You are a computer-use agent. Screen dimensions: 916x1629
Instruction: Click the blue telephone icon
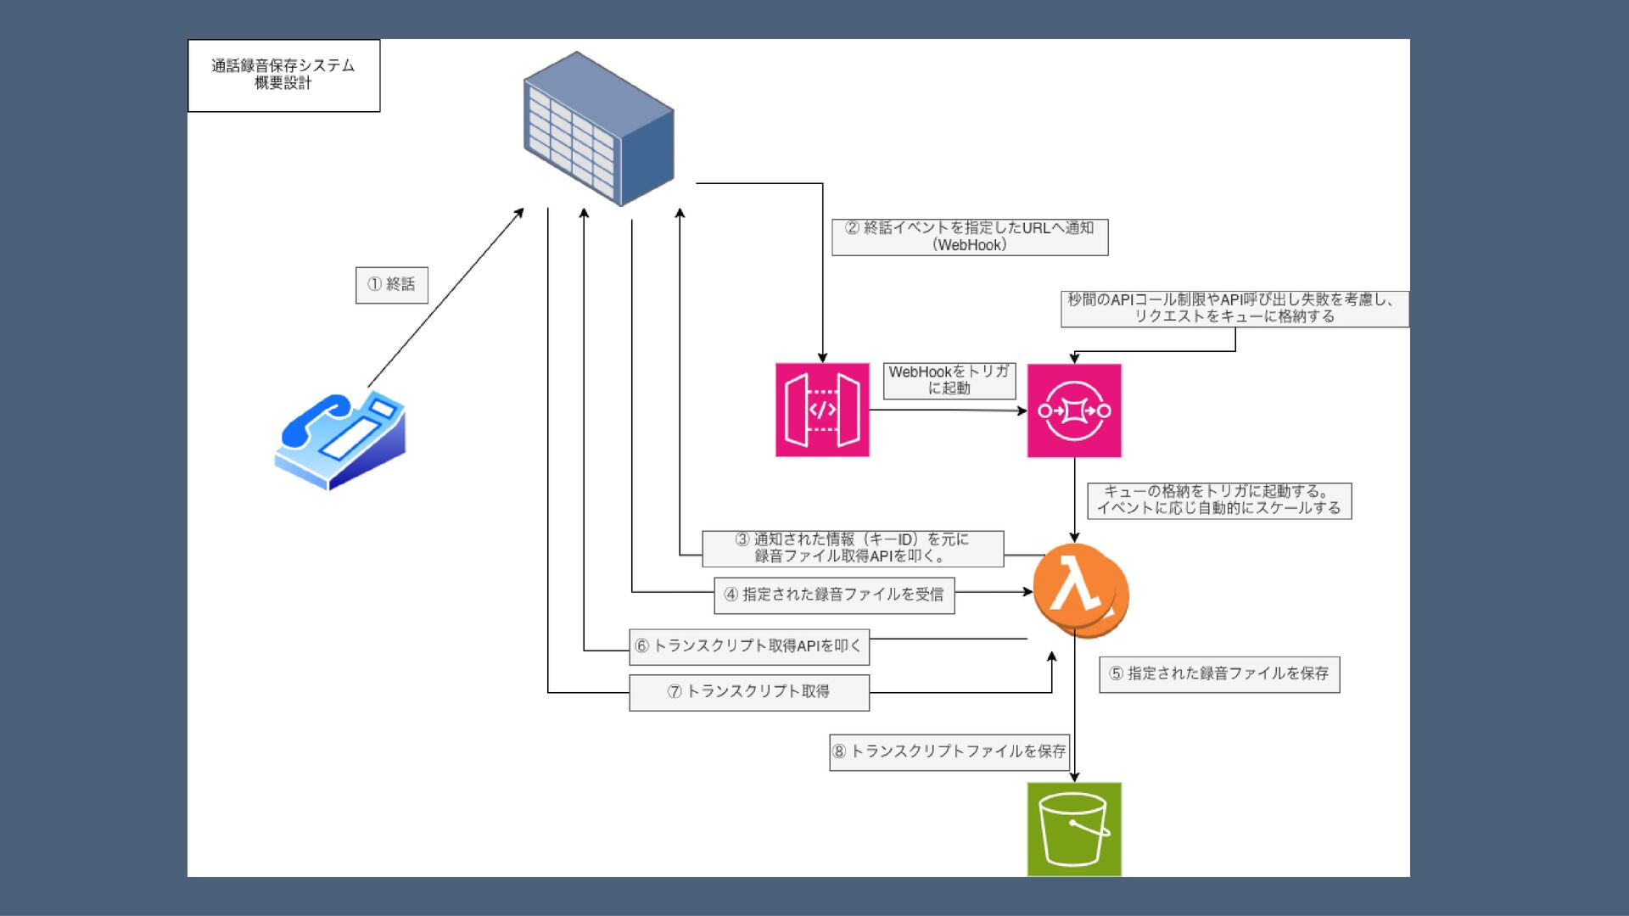pyautogui.click(x=340, y=441)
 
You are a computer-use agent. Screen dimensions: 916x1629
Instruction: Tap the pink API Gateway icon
pyautogui.click(x=822, y=411)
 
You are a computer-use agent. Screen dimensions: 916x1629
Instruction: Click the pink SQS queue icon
pyautogui.click(x=1074, y=411)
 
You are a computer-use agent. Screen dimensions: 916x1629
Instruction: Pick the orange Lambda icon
pyautogui.click(x=1079, y=590)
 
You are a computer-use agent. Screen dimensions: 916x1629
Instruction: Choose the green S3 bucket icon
pyautogui.click(x=1074, y=829)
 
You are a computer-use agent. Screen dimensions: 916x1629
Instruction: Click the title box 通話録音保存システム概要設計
pyautogui.click(x=283, y=75)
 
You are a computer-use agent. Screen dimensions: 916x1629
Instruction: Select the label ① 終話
pyautogui.click(x=391, y=285)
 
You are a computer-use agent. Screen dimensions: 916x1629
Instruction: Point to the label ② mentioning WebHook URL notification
pyautogui.click(x=970, y=237)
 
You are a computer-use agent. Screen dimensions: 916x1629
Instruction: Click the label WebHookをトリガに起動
pyautogui.click(x=949, y=380)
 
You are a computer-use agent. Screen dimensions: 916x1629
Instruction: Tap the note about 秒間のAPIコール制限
pyautogui.click(x=1234, y=308)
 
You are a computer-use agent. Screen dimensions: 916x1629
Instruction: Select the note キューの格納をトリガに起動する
pyautogui.click(x=1219, y=500)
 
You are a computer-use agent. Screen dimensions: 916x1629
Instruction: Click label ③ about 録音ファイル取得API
pyautogui.click(x=853, y=548)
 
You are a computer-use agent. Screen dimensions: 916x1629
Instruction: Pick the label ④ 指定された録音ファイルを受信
pyautogui.click(x=834, y=595)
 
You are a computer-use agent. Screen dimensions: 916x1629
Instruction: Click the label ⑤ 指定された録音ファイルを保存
pyautogui.click(x=1219, y=674)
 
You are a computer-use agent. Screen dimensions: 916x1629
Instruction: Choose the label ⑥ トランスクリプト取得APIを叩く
pyautogui.click(x=749, y=646)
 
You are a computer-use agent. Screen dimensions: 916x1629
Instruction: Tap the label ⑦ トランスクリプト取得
pyautogui.click(x=749, y=692)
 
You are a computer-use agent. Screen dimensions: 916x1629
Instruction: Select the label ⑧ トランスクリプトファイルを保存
pyautogui.click(x=949, y=751)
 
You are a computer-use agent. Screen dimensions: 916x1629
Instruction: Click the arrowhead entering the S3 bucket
pyautogui.click(x=1074, y=777)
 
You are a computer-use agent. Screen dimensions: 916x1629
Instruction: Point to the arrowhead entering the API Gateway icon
pyautogui.click(x=822, y=358)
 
